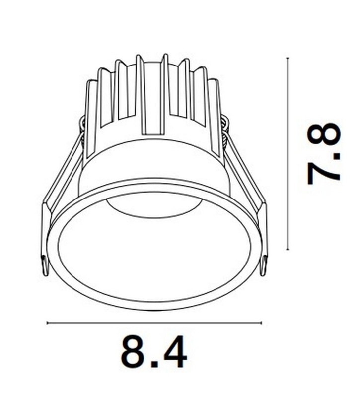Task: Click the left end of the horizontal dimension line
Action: click(x=47, y=323)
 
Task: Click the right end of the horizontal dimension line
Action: click(x=261, y=323)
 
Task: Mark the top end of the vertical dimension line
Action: click(x=288, y=58)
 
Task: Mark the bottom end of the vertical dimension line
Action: click(x=288, y=250)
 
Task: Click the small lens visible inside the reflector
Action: click(x=152, y=208)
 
